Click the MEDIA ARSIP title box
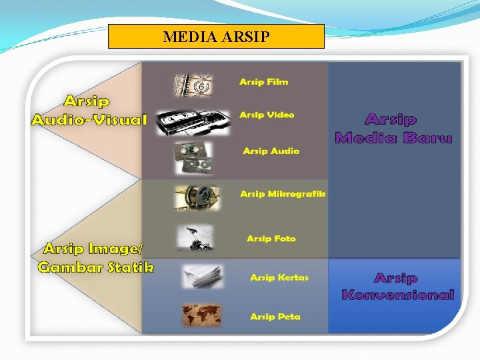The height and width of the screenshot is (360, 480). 216,37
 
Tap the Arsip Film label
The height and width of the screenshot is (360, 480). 264,82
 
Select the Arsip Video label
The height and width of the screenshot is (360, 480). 267,115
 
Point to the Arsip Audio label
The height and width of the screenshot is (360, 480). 271,151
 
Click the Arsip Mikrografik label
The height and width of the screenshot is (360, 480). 283,194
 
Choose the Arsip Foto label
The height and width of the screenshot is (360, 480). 271,239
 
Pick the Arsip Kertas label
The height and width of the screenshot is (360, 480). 279,277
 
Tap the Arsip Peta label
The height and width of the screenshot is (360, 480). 275,317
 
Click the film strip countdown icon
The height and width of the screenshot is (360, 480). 192,85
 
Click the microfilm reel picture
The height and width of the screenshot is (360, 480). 196,197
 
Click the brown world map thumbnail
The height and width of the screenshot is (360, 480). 201,315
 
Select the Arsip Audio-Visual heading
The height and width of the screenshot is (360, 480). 88,111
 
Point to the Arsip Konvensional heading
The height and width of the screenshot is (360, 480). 397,287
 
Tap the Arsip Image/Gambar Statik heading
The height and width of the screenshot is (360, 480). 95,258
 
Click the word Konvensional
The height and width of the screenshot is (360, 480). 397,295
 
